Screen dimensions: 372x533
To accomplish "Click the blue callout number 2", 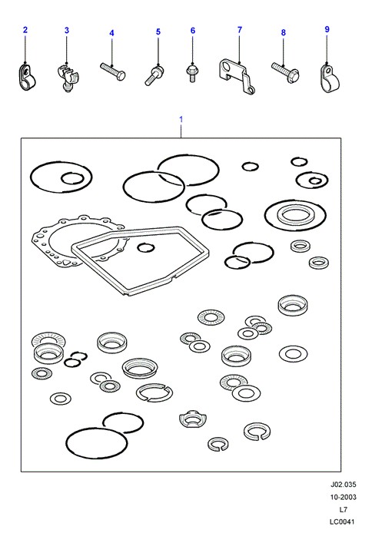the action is (25, 30).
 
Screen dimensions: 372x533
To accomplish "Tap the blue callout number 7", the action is (240, 30).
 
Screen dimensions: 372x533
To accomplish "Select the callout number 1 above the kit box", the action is (181, 120).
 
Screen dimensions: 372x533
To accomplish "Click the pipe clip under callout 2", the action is (26, 78).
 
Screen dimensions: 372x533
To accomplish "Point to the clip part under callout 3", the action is (67, 78).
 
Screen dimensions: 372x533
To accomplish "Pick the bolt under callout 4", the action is (112, 71).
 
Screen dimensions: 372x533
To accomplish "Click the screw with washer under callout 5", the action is (154, 75).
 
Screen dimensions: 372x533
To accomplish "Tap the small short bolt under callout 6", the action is (192, 74).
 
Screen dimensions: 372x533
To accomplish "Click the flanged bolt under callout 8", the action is (285, 71).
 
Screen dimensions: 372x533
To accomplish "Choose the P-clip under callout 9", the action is (330, 78).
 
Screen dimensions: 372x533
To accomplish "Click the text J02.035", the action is (343, 485).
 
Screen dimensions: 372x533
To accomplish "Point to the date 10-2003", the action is (343, 497).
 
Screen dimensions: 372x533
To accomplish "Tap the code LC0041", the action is (342, 521).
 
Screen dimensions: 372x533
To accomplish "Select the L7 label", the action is (343, 509).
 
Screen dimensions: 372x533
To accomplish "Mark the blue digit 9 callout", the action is (327, 29).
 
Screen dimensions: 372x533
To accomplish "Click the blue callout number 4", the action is (111, 33).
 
